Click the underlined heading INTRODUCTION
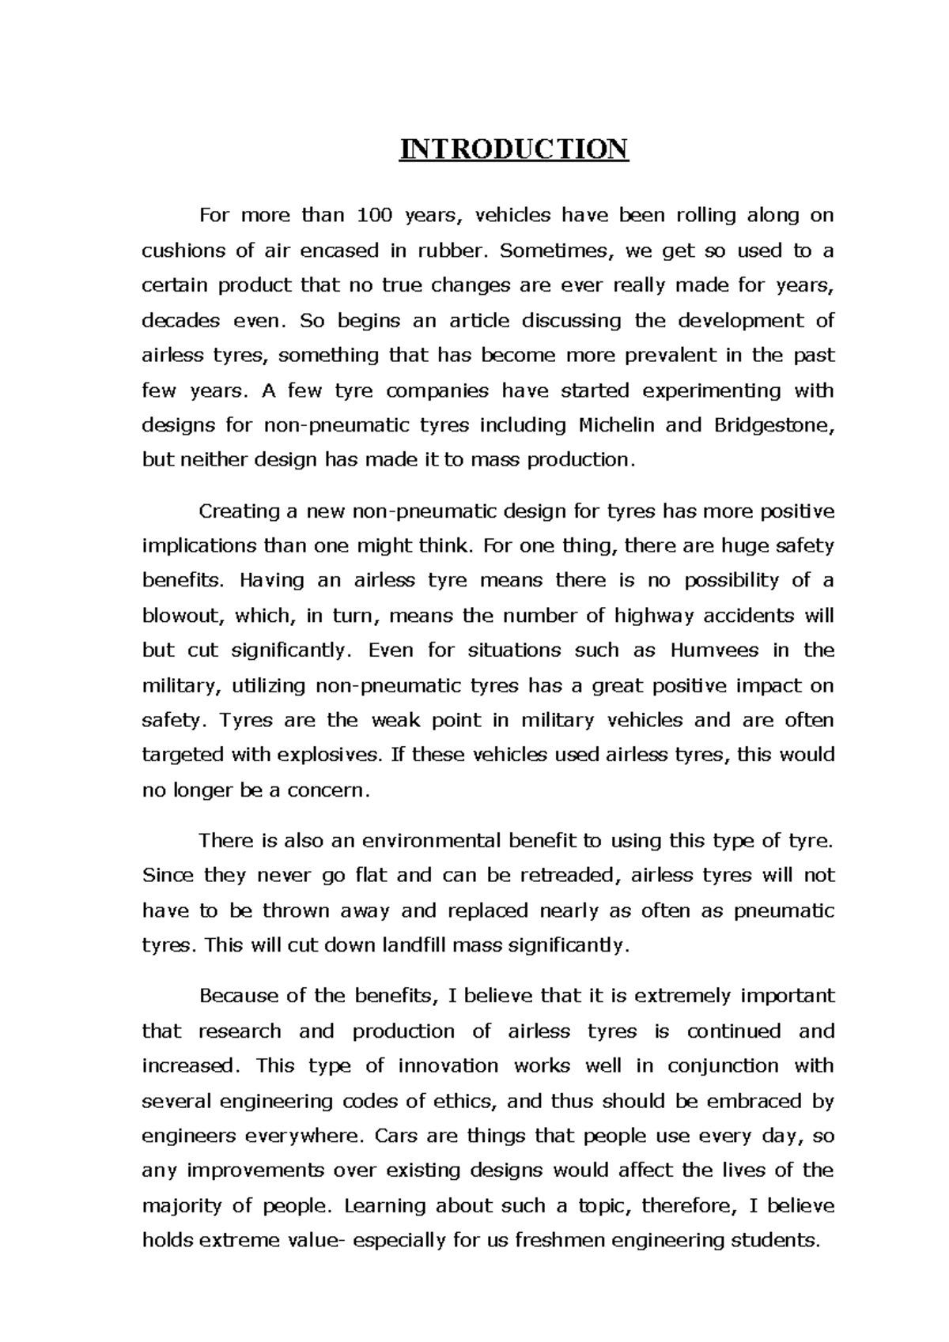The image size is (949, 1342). pyautogui.click(x=513, y=149)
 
